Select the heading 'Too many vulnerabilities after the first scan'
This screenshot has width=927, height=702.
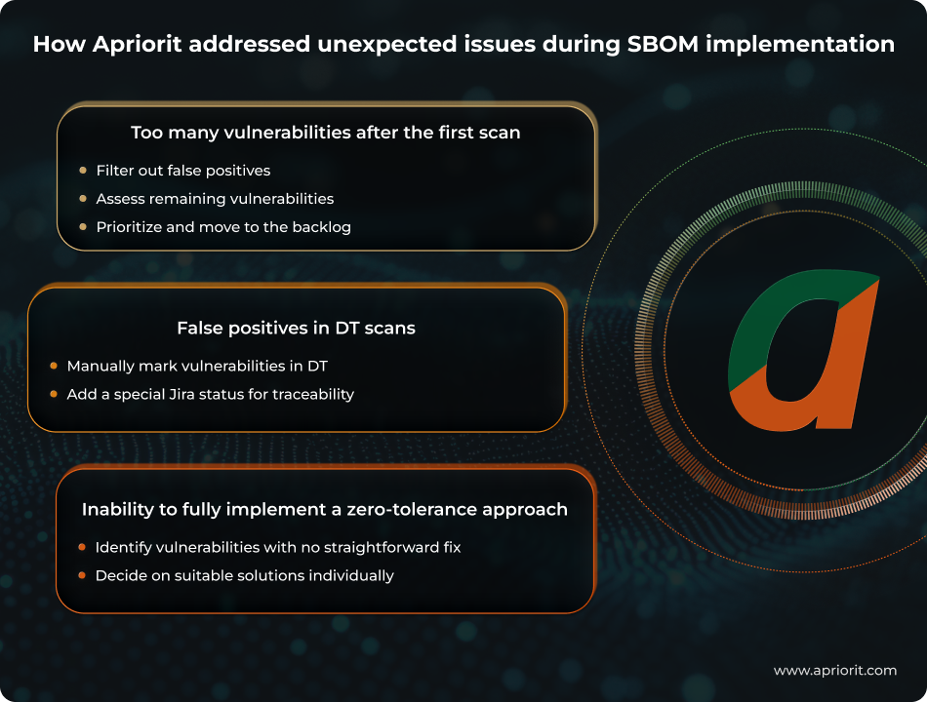(x=326, y=133)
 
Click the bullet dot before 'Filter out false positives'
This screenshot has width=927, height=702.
(x=83, y=171)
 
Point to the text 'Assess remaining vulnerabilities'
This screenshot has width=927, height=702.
(x=215, y=199)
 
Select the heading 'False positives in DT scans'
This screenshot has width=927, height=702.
(x=296, y=329)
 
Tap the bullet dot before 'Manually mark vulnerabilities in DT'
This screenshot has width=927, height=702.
(x=54, y=367)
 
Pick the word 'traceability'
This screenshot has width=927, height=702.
(x=311, y=395)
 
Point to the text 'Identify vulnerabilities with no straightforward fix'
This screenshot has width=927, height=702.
(x=278, y=548)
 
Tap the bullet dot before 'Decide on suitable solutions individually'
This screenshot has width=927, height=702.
(x=82, y=576)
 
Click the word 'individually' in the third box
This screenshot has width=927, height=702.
(x=351, y=576)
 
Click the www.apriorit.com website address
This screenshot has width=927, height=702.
(x=834, y=671)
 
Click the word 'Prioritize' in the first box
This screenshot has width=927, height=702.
(x=131, y=227)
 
